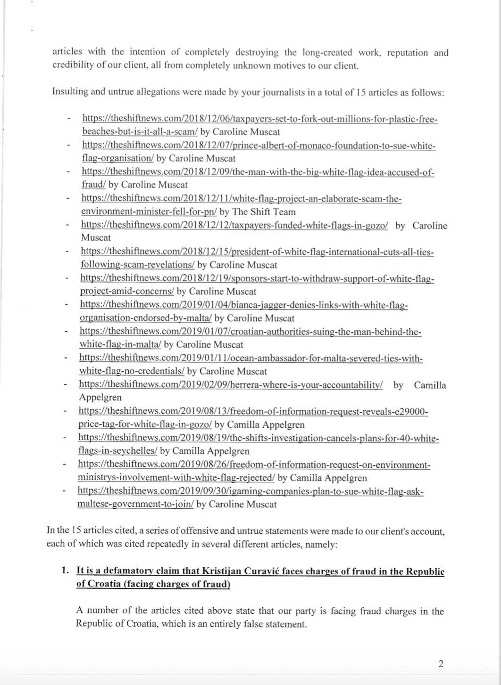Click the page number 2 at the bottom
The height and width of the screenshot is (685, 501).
(440, 664)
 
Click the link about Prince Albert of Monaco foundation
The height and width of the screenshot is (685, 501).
(259, 146)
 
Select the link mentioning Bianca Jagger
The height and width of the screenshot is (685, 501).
(243, 305)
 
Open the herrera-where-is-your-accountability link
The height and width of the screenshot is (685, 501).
(231, 384)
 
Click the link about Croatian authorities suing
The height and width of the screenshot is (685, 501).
(250, 332)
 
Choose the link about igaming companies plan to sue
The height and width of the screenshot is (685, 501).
(250, 492)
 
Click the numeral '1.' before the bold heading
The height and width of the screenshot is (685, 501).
(66, 571)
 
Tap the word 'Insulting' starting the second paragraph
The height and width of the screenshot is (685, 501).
(70, 91)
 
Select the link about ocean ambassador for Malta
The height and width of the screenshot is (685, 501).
(250, 359)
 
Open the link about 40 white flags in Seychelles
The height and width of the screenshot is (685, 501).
(259, 439)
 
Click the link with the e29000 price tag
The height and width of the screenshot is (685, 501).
(253, 412)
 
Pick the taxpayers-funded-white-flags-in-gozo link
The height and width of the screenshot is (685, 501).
(234, 225)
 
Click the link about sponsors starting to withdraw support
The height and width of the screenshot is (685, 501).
(257, 278)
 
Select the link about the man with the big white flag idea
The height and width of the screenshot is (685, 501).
(258, 172)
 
